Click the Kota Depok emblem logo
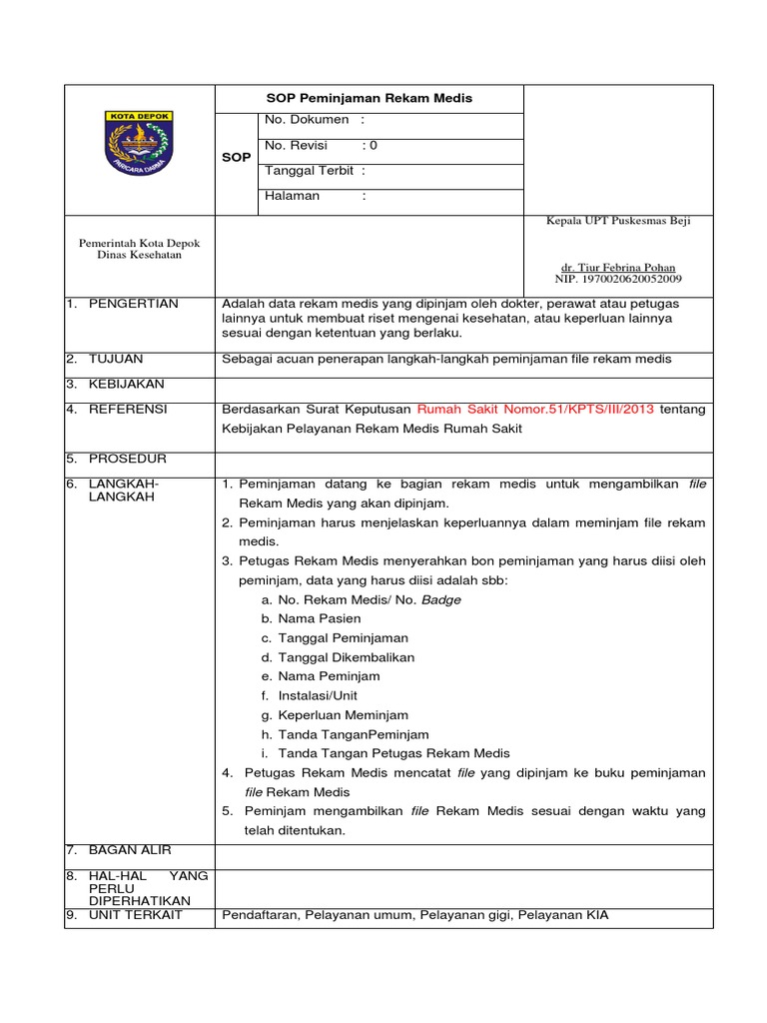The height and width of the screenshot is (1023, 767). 139,143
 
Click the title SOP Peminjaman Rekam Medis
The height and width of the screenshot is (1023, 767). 369,98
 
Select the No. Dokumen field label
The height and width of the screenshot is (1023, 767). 307,120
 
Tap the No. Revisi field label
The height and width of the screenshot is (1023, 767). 296,146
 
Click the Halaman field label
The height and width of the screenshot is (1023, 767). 292,196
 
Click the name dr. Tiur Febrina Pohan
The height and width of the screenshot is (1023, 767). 617,268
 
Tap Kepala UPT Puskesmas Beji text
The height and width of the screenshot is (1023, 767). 617,221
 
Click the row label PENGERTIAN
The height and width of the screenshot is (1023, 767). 133,304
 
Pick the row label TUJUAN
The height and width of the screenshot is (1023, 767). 116,359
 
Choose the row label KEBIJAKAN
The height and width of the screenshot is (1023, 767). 127,384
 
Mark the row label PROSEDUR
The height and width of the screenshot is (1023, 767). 128,459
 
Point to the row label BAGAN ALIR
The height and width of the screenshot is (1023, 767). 130,850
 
